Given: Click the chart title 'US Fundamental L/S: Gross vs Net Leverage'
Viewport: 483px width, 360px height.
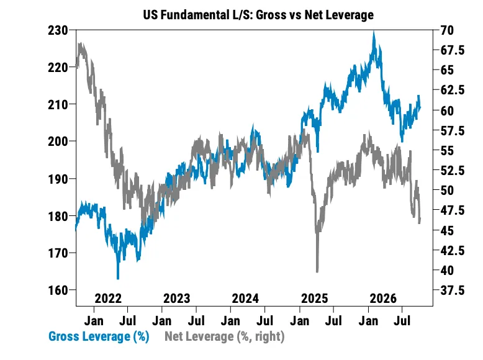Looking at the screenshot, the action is click(258, 14).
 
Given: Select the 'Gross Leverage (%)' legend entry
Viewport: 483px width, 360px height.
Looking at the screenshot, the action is click(99, 336).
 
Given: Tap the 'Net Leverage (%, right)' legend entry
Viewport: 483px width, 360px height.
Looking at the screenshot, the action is click(225, 336).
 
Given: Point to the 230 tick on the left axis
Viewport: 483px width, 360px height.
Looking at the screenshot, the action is click(58, 30).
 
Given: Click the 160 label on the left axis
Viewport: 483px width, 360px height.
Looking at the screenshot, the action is click(58, 290).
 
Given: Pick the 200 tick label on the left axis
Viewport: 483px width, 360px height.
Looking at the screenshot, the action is click(58, 142).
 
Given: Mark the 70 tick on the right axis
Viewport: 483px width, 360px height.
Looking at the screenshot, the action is click(447, 30).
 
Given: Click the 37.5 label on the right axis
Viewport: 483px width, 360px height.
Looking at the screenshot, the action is click(452, 290).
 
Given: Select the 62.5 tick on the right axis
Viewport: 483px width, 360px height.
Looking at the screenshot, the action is click(452, 90).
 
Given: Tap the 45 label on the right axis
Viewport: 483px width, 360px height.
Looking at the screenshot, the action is click(447, 230).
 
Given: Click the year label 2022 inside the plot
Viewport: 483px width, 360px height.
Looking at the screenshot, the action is click(108, 298).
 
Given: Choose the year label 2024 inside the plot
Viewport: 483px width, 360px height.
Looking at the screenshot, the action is click(245, 298).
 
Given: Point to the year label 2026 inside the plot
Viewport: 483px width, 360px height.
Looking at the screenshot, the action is click(383, 298).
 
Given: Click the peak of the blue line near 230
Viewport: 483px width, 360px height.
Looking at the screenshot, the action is click(374, 32).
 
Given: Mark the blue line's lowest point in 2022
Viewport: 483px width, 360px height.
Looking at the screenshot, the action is click(118, 279).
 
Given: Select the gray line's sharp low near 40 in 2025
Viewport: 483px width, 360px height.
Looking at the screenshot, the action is click(317, 272).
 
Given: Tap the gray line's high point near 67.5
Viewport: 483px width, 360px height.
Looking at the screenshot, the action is click(80, 43).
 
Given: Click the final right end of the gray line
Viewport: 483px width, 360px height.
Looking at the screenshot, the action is click(420, 222).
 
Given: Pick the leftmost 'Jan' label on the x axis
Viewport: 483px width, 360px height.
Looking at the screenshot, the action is click(94, 321).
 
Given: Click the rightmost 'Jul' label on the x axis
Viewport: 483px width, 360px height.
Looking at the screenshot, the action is click(402, 321).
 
